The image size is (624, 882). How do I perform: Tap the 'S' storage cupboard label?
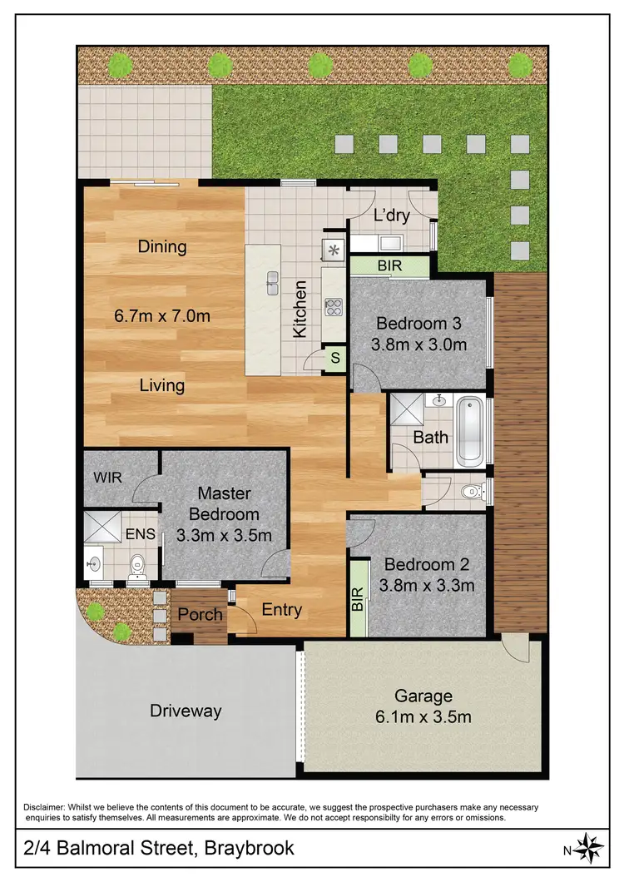pos(335,359)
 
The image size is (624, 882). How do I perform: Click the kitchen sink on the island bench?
pos(272,283)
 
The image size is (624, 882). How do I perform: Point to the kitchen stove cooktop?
pos(334,307)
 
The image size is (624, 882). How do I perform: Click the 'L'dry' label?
pos(391,216)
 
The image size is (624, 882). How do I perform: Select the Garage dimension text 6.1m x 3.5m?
pos(423,716)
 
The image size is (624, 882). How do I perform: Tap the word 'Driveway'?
pos(186,711)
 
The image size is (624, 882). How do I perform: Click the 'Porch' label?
pos(201,615)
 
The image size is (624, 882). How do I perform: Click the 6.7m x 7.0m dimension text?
pos(161,316)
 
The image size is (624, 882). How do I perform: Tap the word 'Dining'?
pos(162,247)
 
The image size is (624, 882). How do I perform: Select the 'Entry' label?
pos(281,610)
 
